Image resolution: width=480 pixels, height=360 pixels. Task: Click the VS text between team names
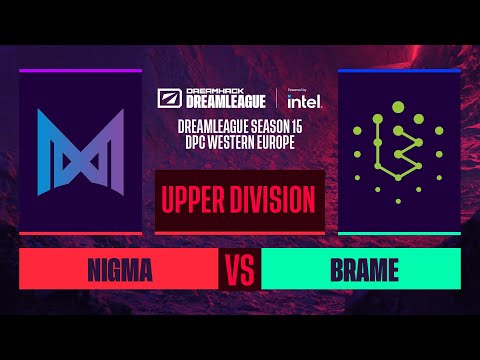[239, 270]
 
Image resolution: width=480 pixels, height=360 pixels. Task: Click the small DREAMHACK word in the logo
[207, 93]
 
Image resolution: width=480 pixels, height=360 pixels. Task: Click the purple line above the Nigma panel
[80, 71]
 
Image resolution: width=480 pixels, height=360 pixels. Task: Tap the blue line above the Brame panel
[399, 71]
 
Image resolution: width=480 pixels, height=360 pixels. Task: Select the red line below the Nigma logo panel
[80, 233]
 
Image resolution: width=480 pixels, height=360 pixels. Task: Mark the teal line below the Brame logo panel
[399, 233]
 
